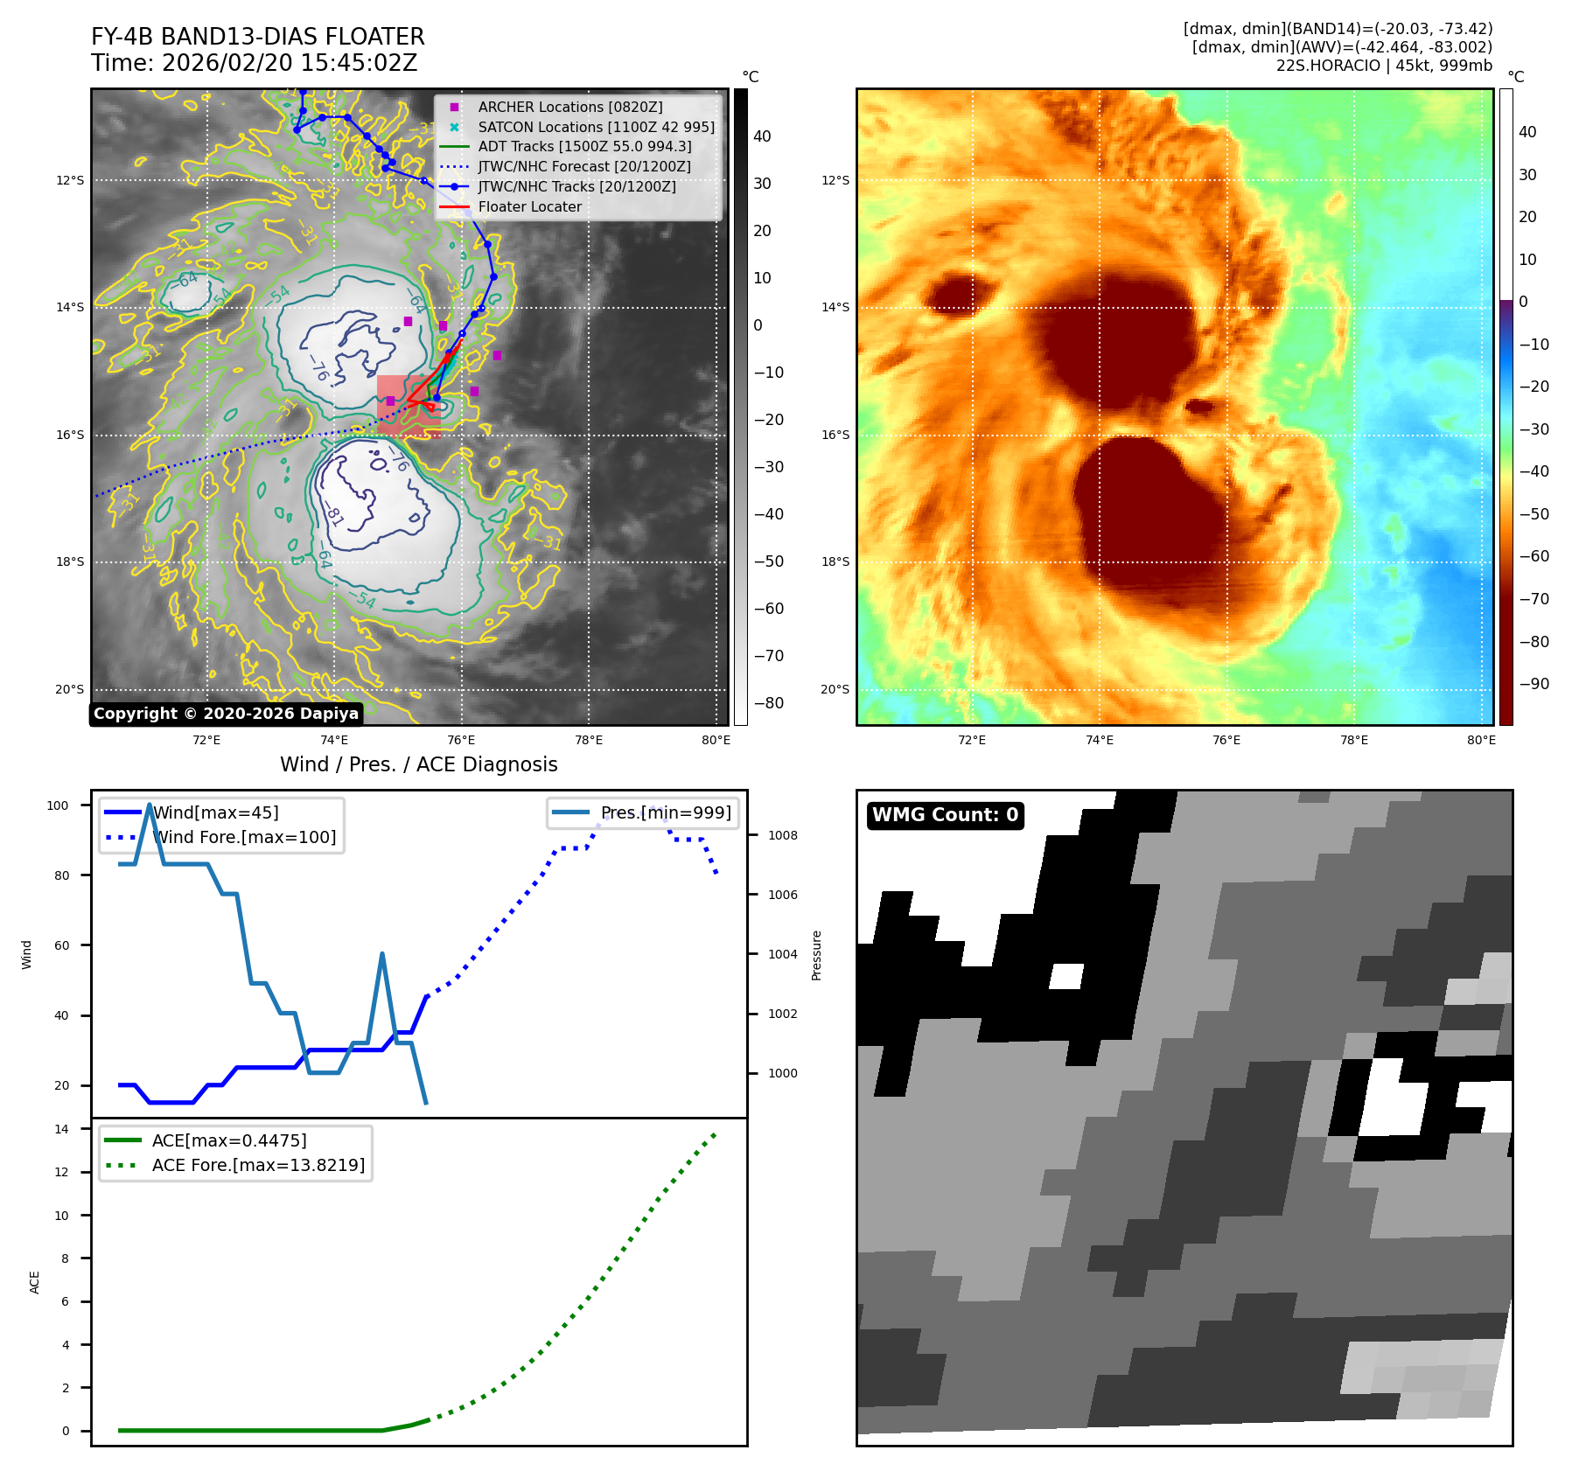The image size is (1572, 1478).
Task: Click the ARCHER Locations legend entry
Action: [569, 107]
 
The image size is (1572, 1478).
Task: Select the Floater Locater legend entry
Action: [529, 206]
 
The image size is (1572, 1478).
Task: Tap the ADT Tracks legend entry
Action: [584, 146]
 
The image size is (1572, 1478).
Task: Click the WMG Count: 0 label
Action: [945, 815]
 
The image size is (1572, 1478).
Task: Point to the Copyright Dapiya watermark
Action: [226, 714]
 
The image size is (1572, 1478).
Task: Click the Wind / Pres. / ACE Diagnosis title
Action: [418, 764]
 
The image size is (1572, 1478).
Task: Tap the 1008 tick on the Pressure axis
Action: [782, 835]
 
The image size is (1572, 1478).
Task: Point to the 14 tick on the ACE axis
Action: [62, 1129]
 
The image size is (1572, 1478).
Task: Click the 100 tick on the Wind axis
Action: [58, 805]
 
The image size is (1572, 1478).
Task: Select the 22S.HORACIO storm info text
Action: [1383, 66]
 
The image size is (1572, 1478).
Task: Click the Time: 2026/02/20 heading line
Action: [254, 63]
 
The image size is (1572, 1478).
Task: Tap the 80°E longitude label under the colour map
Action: [1481, 740]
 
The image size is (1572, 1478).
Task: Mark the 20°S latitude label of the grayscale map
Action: [70, 689]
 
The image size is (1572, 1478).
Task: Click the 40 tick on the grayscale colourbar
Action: [762, 136]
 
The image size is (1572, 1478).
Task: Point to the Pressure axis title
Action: [816, 955]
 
